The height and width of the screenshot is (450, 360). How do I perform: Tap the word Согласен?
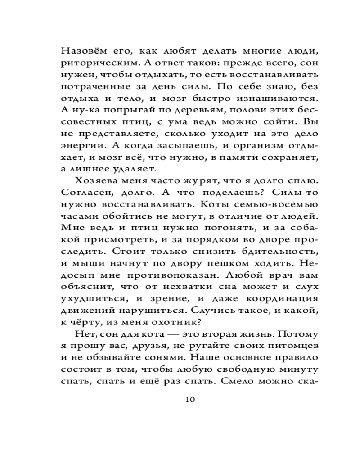tap(85, 193)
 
